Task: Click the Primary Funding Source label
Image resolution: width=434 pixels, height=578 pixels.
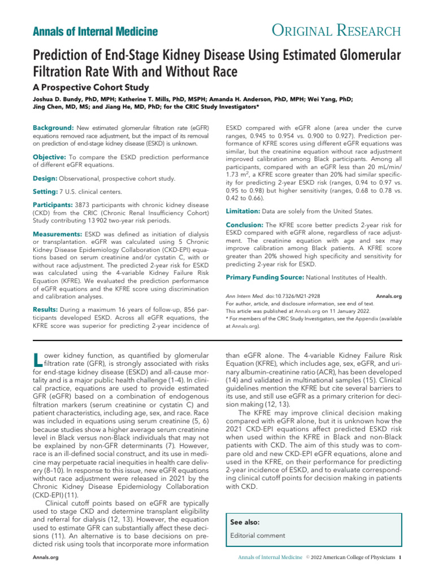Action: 263,277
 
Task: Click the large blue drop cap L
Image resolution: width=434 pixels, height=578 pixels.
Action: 38,361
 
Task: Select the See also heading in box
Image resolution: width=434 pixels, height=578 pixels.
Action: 248,523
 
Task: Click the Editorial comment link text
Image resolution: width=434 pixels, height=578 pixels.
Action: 259,536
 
